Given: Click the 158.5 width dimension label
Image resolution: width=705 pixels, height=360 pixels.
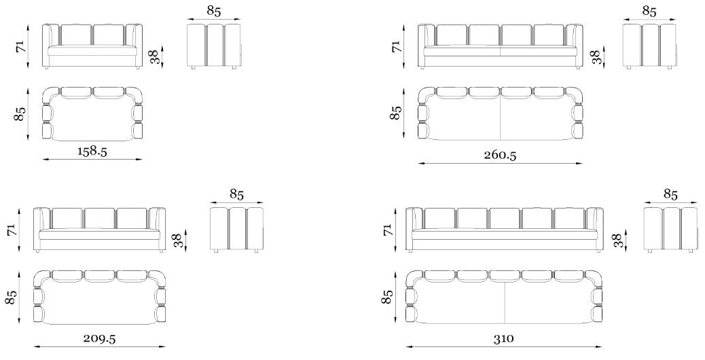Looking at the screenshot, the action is point(92,151).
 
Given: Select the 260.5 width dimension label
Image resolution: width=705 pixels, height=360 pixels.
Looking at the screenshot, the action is point(500,155).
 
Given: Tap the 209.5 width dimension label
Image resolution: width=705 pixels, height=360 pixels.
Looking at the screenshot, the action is point(99,338).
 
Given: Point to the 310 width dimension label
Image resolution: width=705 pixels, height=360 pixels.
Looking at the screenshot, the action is point(503,338).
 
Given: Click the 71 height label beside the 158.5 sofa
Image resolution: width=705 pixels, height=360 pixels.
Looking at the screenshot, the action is point(21,46).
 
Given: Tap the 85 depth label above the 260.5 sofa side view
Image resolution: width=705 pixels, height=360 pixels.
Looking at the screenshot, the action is point(649,12).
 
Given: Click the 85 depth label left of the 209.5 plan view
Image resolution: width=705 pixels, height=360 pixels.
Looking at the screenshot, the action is point(11,297).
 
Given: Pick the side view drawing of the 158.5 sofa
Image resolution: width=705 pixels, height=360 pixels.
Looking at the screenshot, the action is point(214,46).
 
